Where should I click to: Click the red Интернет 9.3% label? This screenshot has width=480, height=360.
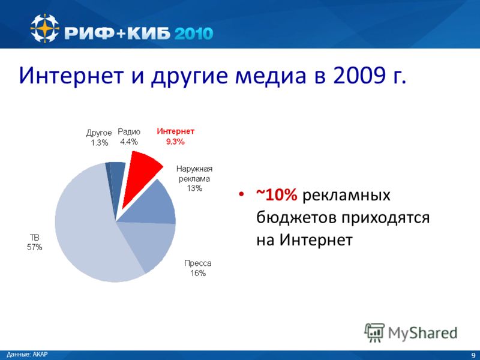click(x=175, y=136)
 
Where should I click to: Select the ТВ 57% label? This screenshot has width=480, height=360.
click(x=35, y=242)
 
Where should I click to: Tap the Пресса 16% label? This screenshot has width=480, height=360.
click(x=198, y=268)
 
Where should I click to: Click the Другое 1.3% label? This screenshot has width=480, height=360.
click(x=99, y=138)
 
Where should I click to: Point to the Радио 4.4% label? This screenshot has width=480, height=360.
click(x=129, y=137)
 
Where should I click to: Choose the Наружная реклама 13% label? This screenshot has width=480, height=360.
click(x=194, y=178)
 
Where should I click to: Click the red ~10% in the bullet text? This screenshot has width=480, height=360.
click(x=277, y=194)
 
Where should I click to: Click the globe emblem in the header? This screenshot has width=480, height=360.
click(x=44, y=28)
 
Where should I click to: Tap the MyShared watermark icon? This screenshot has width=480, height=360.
click(x=374, y=332)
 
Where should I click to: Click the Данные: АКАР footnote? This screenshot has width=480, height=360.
click(x=27, y=355)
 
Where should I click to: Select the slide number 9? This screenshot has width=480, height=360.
click(x=473, y=355)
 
